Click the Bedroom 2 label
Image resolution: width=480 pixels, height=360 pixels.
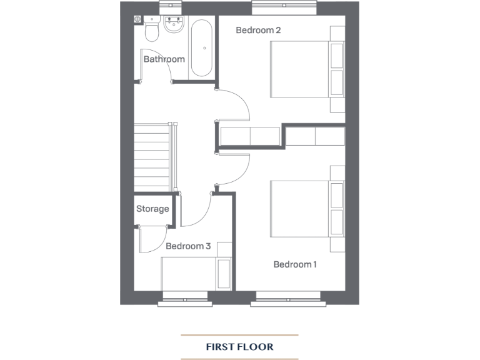258,30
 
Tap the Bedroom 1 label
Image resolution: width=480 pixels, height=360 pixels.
295,264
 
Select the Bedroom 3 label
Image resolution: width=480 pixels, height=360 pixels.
188,246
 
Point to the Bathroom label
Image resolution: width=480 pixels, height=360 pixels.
164,59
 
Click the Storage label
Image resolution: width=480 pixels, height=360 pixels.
152,209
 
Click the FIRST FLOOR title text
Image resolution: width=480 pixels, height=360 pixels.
239,346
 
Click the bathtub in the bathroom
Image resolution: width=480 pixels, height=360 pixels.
201,48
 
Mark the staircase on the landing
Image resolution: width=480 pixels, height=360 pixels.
152,157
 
